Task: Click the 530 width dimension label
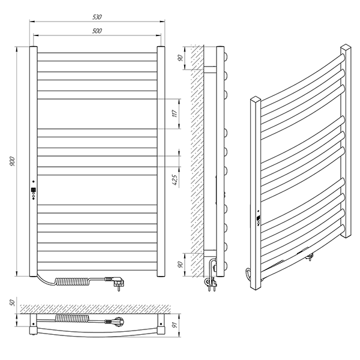tap(97, 17)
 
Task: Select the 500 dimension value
tap(97, 31)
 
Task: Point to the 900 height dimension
tap(12, 161)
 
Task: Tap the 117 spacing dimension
tap(175, 113)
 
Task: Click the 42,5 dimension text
tap(175, 180)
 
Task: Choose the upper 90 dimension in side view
tap(181, 58)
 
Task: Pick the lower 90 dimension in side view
tap(181, 265)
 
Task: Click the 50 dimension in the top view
tap(13, 302)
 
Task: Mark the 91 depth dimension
tap(175, 325)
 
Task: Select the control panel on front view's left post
tap(34, 191)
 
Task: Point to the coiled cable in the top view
tap(73, 319)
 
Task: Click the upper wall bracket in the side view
tap(210, 70)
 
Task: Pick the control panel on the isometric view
tap(259, 218)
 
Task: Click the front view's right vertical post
tap(161, 161)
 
